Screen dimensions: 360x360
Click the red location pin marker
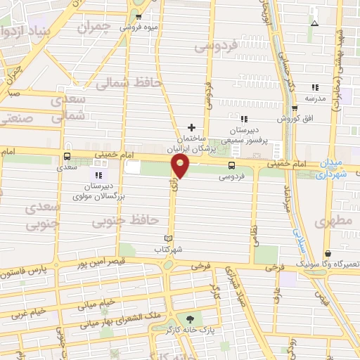(181, 167)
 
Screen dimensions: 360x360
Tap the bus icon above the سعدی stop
(67, 157)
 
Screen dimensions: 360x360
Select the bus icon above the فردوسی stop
(231, 165)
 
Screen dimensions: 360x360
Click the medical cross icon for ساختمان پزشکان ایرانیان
(191, 127)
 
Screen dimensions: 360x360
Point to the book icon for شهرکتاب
(167, 238)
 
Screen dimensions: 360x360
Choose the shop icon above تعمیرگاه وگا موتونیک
(328, 253)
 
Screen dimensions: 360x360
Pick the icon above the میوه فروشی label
(138, 16)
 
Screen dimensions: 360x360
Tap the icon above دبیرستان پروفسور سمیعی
(243, 120)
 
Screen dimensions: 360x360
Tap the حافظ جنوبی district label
(124, 221)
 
